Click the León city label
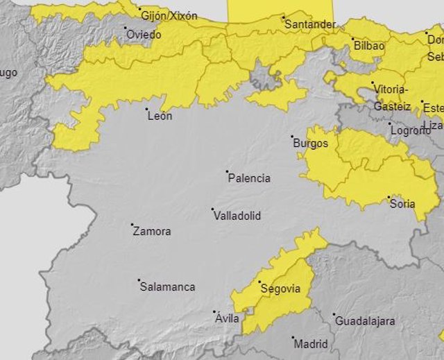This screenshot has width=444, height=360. [x=160, y=117]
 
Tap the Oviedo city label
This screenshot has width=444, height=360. [x=144, y=34]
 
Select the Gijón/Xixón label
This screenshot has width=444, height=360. [x=169, y=15]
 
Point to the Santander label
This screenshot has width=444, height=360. [x=310, y=24]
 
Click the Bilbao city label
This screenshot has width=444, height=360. [x=368, y=46]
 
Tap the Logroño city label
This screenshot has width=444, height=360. [x=410, y=130]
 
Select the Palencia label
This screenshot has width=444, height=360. [x=249, y=178]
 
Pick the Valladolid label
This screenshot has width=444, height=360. [x=237, y=216]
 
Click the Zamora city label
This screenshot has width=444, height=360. [x=151, y=232]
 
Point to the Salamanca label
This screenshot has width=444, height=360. [x=167, y=286]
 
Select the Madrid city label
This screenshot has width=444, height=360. [x=311, y=343]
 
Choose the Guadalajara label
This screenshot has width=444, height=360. [x=365, y=321]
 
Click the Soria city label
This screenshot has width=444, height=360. [x=403, y=204]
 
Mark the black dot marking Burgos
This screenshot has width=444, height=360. [x=292, y=137]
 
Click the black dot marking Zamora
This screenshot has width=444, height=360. [x=132, y=225]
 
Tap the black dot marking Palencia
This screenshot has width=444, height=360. [x=228, y=171]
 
